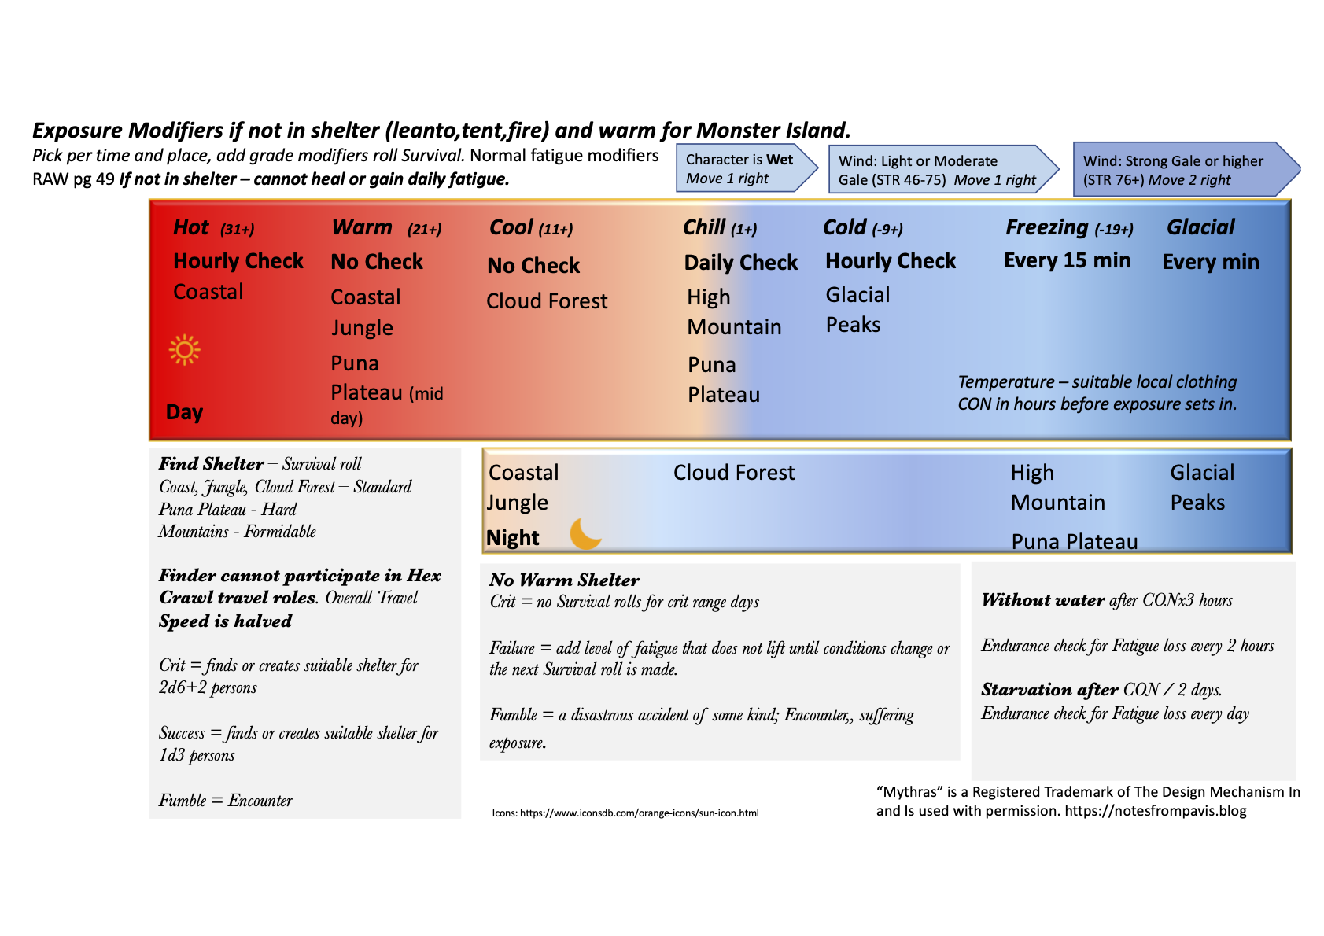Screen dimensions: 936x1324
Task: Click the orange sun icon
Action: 185,350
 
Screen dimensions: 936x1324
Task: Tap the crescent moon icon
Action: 585,534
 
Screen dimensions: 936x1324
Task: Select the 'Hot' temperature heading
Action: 191,227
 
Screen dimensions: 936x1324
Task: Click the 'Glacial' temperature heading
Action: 1200,227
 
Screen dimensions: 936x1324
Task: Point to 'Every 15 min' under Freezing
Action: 1067,260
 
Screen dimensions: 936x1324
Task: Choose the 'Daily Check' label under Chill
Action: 740,263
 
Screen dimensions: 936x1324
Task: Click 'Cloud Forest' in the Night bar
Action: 734,473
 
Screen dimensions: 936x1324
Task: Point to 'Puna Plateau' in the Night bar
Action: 1074,542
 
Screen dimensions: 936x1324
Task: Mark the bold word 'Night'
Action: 513,538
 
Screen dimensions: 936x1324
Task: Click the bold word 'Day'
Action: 185,412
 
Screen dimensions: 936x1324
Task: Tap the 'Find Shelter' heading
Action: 211,464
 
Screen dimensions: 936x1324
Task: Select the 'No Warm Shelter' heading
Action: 564,580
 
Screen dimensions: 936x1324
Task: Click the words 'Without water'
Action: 1043,600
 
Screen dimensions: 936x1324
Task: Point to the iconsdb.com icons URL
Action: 625,813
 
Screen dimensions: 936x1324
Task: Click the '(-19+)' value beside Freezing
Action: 1114,230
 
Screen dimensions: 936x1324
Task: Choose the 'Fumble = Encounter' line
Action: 225,801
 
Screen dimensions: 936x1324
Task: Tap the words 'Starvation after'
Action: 1049,690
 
